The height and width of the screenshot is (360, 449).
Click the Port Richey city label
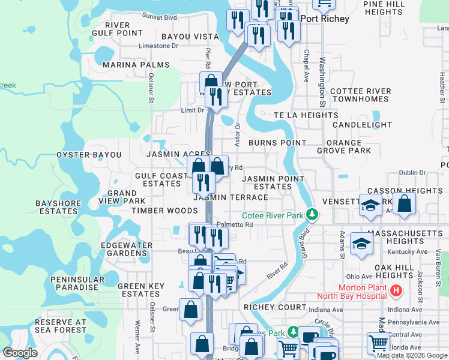(x=324, y=19)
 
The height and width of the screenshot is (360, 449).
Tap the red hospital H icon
(x=396, y=291)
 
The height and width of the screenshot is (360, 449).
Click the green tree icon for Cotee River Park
(x=312, y=214)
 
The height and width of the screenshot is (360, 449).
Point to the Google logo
(x=20, y=353)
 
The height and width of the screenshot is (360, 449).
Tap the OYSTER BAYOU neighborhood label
(x=89, y=155)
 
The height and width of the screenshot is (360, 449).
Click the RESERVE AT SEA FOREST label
(x=61, y=326)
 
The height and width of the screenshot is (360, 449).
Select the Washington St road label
(x=322, y=82)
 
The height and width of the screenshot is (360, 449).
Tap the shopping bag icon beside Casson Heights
(x=405, y=203)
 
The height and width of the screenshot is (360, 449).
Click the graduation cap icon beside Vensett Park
(x=370, y=205)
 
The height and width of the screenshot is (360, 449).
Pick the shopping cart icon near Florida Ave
(x=378, y=343)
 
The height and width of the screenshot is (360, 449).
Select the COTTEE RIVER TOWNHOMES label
(x=360, y=95)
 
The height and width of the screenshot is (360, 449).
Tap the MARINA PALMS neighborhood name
(x=136, y=65)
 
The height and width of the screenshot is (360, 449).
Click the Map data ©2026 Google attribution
(x=412, y=355)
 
